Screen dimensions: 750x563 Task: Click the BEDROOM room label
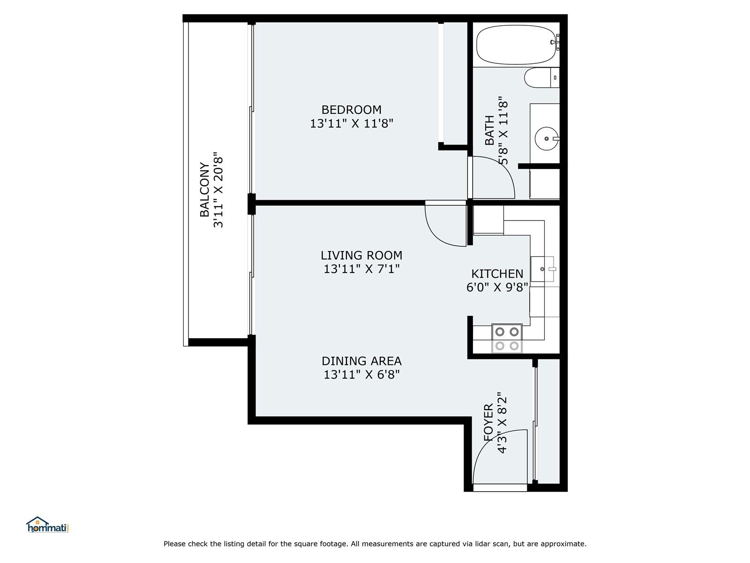[351, 110]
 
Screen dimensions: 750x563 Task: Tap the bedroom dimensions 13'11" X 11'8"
[352, 123]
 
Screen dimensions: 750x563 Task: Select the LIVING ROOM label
[361, 255]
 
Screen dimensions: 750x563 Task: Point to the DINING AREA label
[361, 361]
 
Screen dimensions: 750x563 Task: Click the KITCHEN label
[497, 274]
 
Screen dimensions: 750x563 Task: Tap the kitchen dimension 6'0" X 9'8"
[497, 287]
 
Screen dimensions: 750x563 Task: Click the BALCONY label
[204, 190]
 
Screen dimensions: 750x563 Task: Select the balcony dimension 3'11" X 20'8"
[218, 190]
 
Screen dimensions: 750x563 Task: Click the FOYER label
[488, 423]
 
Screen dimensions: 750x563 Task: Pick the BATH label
[490, 130]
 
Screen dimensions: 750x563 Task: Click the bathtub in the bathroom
[516, 45]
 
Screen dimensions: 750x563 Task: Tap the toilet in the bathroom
[541, 77]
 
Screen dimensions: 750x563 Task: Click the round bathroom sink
[547, 139]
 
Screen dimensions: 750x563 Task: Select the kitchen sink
[542, 269]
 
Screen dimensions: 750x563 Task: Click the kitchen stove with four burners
[507, 338]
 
